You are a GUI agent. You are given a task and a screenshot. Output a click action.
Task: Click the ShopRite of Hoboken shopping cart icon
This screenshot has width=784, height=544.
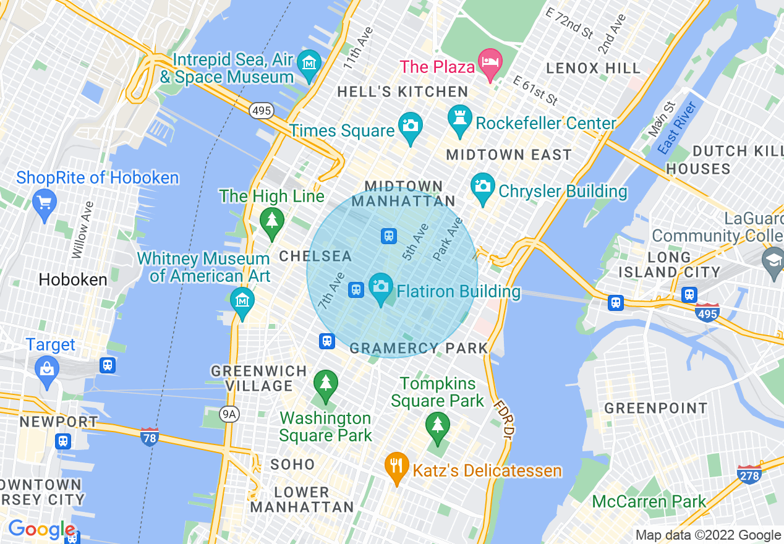point(45,203)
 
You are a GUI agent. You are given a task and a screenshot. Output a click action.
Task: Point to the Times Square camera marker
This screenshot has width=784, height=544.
point(410,124)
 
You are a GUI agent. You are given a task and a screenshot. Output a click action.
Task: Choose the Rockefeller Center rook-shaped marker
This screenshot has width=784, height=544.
point(459,117)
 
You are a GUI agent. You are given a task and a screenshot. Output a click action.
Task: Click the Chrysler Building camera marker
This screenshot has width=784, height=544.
point(482,185)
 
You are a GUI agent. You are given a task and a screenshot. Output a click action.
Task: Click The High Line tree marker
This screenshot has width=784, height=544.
point(271,221)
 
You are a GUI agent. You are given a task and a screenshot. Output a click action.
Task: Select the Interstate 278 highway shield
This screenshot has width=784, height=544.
point(749,474)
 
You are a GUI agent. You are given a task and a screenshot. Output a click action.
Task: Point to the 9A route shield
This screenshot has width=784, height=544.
point(229,414)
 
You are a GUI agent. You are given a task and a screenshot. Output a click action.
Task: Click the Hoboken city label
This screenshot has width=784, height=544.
point(73,279)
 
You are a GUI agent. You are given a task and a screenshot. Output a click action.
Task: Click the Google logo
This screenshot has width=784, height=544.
point(41,530)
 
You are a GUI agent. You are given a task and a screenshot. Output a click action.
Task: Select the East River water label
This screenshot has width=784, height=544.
point(678,128)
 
